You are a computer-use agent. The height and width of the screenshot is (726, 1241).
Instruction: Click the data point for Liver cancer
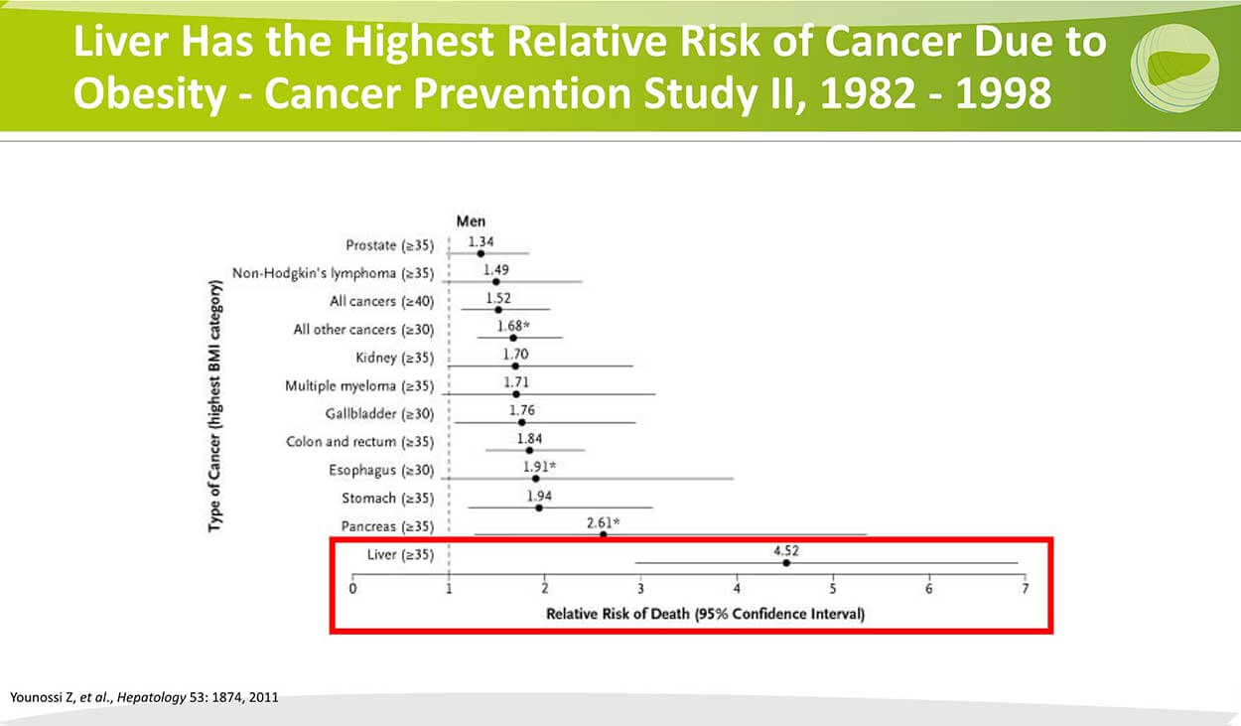[786, 562]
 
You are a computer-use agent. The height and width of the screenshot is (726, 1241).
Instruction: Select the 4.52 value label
[786, 550]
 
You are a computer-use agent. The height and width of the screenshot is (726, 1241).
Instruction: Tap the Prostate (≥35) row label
[389, 245]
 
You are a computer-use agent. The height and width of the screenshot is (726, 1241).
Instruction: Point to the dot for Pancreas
[604, 534]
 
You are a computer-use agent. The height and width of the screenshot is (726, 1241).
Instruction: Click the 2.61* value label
[604, 522]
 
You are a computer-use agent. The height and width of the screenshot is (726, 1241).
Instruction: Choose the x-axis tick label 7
[1025, 589]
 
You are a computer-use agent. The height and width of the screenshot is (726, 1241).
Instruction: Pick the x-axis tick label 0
[352, 589]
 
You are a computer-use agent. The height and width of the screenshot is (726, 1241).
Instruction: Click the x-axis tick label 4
[737, 589]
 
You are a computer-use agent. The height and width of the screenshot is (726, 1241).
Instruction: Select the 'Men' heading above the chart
[471, 221]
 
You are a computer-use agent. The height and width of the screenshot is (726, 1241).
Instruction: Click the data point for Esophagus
[535, 479]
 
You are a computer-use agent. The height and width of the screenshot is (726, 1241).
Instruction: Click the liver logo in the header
[1174, 68]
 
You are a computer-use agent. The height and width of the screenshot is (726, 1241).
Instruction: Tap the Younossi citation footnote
[144, 697]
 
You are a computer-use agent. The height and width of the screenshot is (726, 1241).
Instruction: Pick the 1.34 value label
[481, 241]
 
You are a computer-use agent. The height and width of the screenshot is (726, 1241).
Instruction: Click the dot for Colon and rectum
[529, 450]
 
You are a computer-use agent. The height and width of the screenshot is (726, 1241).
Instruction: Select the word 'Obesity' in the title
[150, 93]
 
